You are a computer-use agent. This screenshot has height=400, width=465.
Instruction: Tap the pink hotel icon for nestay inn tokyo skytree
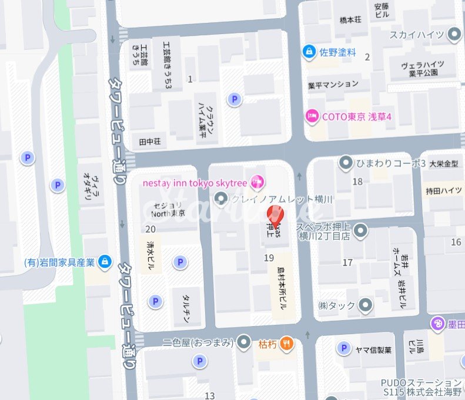tap(256, 182)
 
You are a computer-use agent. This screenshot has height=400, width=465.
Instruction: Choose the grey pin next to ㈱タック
tap(366, 305)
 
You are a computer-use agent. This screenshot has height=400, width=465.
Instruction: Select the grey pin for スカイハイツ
tap(454, 35)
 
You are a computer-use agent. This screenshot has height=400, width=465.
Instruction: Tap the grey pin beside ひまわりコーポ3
tap(346, 162)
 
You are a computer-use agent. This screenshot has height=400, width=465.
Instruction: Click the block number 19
tap(269, 258)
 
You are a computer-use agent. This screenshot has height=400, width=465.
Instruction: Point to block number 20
tap(150, 229)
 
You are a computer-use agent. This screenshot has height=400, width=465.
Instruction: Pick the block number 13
tap(210, 395)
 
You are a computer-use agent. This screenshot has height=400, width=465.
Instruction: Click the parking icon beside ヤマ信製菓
tap(343, 349)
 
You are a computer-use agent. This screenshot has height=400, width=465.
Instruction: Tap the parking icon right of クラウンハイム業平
tap(235, 100)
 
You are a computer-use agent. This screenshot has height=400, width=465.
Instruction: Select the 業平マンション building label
tap(333, 85)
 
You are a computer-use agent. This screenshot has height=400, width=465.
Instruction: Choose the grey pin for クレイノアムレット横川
tap(221, 199)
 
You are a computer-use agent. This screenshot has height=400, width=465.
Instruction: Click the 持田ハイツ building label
tap(444, 190)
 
